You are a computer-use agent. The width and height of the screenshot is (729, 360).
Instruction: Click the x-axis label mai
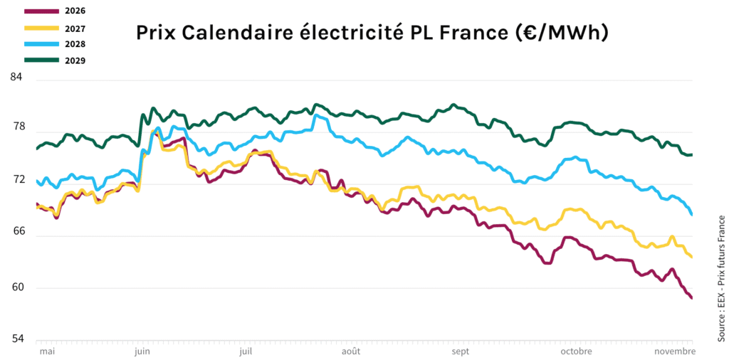pyautogui.click(x=47, y=351)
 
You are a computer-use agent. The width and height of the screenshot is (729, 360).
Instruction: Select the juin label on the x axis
pyautogui.click(x=142, y=351)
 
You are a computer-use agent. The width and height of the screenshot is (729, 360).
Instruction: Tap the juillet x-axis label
pyautogui.click(x=246, y=351)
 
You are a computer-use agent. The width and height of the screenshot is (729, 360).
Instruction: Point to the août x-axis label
pyautogui.click(x=351, y=351)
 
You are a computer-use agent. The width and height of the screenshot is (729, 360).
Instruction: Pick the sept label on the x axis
pyautogui.click(x=460, y=351)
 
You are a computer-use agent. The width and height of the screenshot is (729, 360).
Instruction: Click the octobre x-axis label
pyautogui.click(x=577, y=351)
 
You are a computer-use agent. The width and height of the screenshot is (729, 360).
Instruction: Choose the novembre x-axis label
pyautogui.click(x=673, y=351)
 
